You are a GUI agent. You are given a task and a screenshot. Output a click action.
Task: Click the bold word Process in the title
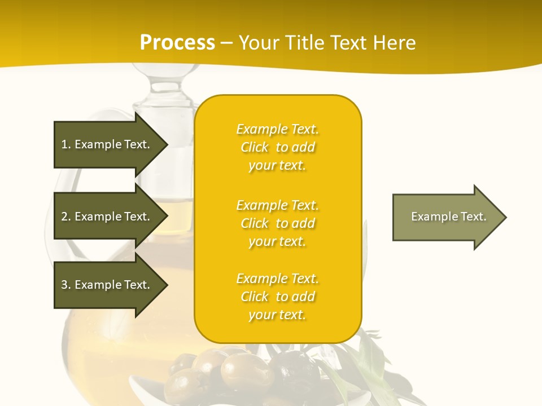(177, 43)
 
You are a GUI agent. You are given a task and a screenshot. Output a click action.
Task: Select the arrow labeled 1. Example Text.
(107, 144)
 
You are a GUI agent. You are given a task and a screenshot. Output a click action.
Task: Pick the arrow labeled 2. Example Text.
(107, 217)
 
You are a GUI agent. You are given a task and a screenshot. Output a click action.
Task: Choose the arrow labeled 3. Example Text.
(107, 285)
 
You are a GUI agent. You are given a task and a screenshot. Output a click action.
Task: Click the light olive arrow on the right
(446, 217)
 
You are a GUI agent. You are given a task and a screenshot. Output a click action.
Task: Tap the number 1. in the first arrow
(66, 144)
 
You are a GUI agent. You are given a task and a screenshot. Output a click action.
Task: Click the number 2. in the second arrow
(66, 217)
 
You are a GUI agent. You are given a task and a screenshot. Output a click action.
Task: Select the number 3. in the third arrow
(66, 285)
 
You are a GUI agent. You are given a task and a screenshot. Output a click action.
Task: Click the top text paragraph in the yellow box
(277, 147)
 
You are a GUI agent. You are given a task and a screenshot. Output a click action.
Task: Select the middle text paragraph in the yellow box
(277, 223)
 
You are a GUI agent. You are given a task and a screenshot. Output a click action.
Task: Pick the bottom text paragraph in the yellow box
(277, 297)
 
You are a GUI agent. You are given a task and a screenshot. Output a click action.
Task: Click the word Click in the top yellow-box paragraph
(255, 147)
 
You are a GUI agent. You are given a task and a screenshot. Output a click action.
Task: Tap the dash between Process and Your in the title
(226, 43)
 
